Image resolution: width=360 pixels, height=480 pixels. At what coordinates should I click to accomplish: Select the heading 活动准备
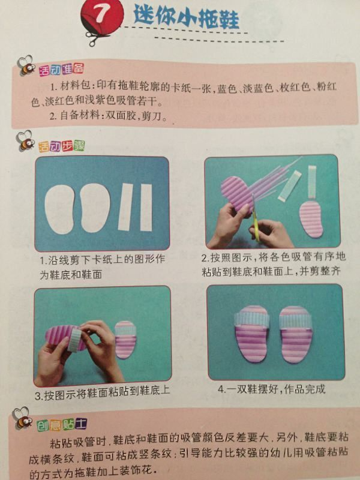[x=61, y=69]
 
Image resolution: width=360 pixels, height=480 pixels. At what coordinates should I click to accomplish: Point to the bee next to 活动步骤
[x=25, y=140]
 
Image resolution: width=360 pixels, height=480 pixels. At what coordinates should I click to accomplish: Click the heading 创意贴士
[x=62, y=425]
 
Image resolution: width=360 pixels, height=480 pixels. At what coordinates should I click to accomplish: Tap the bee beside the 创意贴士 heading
[x=23, y=418]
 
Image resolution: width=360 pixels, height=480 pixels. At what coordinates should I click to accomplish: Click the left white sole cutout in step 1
[x=60, y=209]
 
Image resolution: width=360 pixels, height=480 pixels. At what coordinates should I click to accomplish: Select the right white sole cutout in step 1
[x=95, y=208]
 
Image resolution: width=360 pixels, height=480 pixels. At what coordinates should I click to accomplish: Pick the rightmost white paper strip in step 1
[x=146, y=207]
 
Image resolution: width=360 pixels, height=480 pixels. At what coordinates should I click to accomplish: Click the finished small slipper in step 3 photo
[x=125, y=340]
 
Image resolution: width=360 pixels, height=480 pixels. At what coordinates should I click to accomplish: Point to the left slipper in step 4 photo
[x=252, y=334]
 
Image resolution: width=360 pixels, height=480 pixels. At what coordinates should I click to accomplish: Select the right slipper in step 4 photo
[x=296, y=335]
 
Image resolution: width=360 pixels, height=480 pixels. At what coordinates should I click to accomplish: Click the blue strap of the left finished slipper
[x=252, y=320]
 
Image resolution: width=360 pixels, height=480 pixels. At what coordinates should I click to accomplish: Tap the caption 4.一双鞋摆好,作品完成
[x=272, y=389]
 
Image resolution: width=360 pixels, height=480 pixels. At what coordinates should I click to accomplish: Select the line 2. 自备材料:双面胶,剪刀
[x=109, y=116]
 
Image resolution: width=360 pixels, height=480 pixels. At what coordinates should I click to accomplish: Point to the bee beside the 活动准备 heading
[x=26, y=65]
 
